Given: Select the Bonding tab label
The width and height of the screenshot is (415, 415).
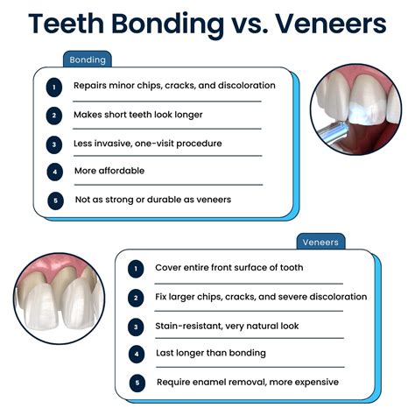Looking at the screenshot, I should tap(88, 60).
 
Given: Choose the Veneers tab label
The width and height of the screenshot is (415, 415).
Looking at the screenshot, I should tap(320, 241).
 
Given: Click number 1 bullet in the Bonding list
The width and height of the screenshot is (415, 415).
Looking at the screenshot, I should tap(55, 87).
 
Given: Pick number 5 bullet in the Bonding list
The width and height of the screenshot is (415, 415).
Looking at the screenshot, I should tap(55, 200).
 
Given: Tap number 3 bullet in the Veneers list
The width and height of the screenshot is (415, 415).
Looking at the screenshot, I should tap(136, 326).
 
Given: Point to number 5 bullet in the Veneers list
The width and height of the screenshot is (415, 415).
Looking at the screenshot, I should tap(136, 383).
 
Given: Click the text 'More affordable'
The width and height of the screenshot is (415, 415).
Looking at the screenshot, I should tap(109, 172).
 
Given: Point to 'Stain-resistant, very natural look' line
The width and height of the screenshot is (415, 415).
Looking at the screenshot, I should tap(227, 326).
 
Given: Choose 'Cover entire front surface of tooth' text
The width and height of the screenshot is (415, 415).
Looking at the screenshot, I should tap(229, 268).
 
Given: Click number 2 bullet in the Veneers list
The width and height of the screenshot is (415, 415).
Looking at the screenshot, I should tap(136, 297).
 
